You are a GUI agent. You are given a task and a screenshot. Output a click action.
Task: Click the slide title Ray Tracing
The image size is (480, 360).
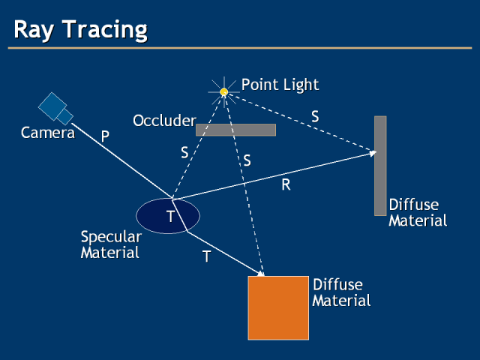pos(81,29)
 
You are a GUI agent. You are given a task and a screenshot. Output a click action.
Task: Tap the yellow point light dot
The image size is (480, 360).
pos(223,91)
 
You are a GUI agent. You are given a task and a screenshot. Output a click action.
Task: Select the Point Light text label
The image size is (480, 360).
pos(280,84)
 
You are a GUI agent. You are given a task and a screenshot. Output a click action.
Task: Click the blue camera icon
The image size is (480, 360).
pos(55,108)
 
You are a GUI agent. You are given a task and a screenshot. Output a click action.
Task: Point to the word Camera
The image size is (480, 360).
pos(48,133)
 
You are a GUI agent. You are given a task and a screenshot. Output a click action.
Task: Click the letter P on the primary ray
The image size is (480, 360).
pos(105,136)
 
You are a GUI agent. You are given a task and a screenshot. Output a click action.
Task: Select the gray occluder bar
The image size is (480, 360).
pos(235,130)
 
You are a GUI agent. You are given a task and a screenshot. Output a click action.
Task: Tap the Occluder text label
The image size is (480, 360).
pos(164,120)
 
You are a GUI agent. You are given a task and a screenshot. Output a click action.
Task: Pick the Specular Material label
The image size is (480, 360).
pos(110,244)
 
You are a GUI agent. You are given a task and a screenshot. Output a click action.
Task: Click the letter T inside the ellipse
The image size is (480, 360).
pos(170,217)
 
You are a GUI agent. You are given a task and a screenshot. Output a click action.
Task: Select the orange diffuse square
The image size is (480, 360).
pos(278,307)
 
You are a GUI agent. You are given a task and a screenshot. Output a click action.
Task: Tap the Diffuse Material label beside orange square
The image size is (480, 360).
pos(341,293)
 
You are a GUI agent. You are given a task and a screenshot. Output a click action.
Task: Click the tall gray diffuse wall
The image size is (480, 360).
pos(380,166)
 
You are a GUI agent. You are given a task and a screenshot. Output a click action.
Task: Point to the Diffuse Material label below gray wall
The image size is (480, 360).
pos(418,212)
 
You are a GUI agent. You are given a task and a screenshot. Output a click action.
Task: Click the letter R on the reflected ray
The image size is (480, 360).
pos(286,184)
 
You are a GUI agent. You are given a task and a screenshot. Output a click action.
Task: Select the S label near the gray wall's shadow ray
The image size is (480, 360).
pos(315,116)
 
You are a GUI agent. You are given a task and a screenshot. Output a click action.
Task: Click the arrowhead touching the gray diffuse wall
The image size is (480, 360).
pos(371,154)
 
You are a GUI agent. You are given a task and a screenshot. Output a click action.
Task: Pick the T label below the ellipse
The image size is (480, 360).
pos(206,256)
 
